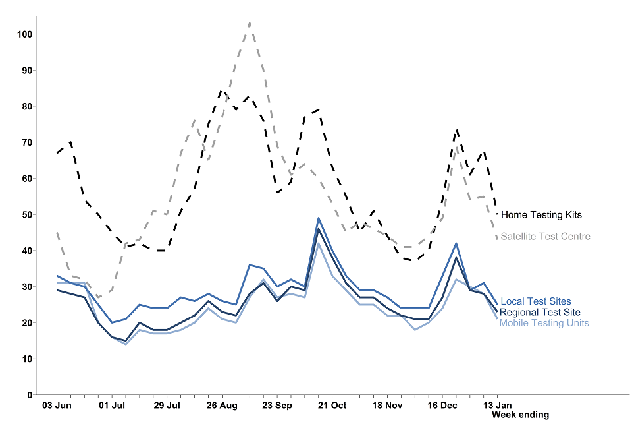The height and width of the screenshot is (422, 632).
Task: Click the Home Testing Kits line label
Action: pos(541,215)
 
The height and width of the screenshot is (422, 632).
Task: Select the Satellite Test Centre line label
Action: pos(545,237)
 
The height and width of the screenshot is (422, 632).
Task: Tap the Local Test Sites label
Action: pos(536,302)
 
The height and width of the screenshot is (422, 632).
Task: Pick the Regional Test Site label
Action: pos(540,313)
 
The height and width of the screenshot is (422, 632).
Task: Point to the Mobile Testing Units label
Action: pos(544,323)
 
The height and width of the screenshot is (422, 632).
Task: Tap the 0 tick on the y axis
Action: pos(29,395)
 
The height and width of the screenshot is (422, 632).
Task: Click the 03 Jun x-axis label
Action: pos(57,405)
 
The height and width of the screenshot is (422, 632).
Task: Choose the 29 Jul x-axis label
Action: pos(167,405)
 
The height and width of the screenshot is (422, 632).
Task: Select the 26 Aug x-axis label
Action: pos(222,405)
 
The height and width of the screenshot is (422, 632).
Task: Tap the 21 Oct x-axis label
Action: pos(332,405)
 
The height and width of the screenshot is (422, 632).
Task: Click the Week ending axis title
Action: pos(520,415)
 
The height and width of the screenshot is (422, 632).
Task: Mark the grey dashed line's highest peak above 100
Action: pos(250,23)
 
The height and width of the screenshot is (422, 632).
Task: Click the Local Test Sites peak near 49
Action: pos(319,218)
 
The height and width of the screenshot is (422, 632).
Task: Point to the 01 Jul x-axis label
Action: pos(112,405)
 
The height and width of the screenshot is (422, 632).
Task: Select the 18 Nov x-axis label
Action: pos(387,405)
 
